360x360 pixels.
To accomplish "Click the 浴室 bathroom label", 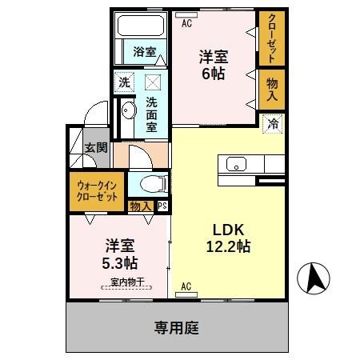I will [x=145, y=52].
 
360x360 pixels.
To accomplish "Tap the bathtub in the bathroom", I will [x=140, y=26].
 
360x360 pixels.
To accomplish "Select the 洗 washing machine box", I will [x=124, y=81].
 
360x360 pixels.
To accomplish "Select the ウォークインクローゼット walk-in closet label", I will [x=98, y=191].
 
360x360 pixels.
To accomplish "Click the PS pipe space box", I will [x=162, y=206].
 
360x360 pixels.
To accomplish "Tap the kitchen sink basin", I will [x=237, y=164].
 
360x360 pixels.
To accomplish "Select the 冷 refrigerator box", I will [x=272, y=124].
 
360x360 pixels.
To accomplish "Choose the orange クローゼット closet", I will [x=272, y=38].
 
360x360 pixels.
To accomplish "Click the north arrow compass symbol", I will [x=314, y=279].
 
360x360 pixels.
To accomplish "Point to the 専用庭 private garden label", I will [x=177, y=327].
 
